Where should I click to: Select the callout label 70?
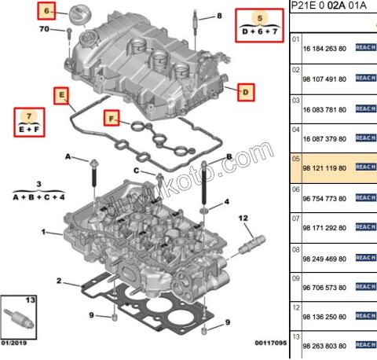pos(44,29)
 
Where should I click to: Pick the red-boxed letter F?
pos(112,119)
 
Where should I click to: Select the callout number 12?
pos(243,217)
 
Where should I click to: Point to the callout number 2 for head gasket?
pos(58,281)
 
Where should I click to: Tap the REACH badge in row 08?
pos(366,256)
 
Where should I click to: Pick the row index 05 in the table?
pos(296,157)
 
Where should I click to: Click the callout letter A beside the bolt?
pos(68,158)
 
